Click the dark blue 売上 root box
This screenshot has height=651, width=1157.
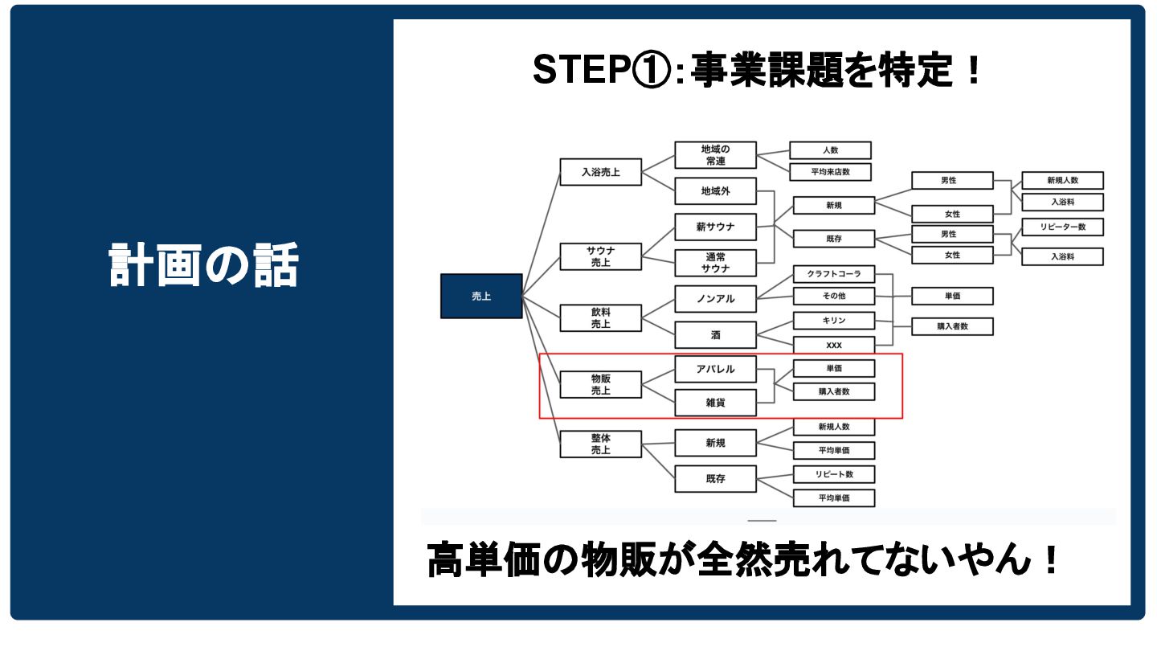point(481,296)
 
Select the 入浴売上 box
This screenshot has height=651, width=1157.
point(600,172)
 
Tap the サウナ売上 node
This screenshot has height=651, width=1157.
point(600,256)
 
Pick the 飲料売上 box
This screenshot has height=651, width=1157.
point(600,318)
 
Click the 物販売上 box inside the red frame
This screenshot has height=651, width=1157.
point(600,384)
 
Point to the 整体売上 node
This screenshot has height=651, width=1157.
point(600,444)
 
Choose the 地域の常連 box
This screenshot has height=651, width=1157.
point(715,155)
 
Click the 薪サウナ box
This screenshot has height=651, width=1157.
point(715,227)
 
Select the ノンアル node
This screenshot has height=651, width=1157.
point(715,299)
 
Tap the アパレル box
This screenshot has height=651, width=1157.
point(715,369)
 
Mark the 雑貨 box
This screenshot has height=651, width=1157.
point(715,403)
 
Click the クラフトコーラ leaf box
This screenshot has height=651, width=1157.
point(833,274)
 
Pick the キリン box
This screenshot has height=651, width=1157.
point(833,321)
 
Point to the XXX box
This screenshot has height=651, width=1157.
point(833,345)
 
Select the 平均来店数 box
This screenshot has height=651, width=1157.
point(830,172)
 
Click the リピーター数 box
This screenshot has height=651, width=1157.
point(1062,227)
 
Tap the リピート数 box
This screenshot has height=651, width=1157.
point(833,474)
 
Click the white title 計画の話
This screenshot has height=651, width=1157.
point(203,265)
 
